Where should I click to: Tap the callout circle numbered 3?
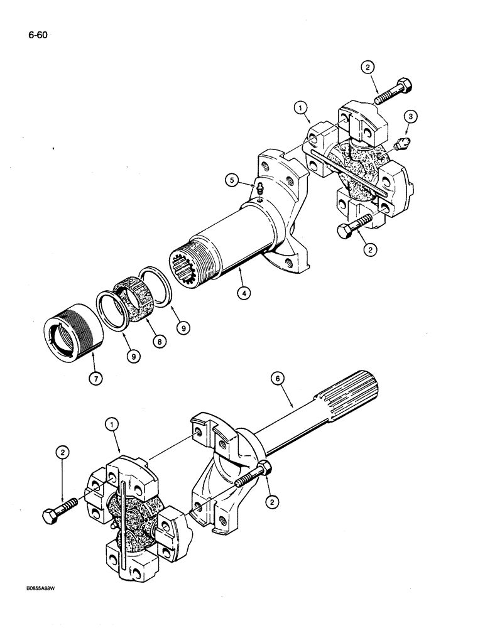click(x=409, y=116)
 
